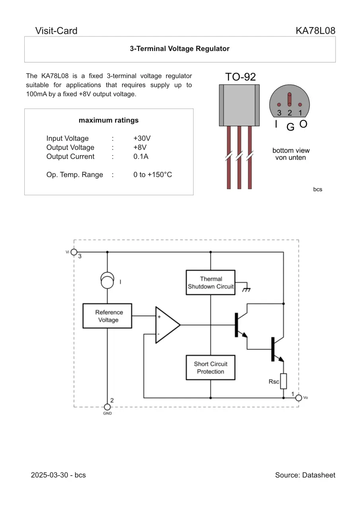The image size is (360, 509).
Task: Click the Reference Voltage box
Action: [x=107, y=316]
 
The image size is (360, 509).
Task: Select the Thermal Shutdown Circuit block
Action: [x=210, y=283]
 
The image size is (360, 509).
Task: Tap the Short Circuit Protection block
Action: [x=210, y=368]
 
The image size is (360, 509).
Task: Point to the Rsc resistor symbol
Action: [x=283, y=381]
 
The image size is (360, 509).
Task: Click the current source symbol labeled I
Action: [x=107, y=280]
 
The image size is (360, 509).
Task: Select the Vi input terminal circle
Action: [x=74, y=252]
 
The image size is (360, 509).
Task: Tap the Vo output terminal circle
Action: [x=298, y=398]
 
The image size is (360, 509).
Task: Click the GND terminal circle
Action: [x=107, y=407]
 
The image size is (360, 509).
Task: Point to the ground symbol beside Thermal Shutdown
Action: [x=247, y=289]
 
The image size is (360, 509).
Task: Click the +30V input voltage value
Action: [x=142, y=138]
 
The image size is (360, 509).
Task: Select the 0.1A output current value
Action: [x=141, y=157]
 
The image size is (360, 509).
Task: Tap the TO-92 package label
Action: [x=240, y=77]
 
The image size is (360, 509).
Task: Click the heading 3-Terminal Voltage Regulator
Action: [x=180, y=49]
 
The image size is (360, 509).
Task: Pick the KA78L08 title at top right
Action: [x=315, y=31]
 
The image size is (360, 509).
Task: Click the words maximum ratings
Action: [x=109, y=120]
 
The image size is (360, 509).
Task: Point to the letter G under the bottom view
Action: [x=290, y=127]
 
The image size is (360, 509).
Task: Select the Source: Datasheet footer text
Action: [x=305, y=475]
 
